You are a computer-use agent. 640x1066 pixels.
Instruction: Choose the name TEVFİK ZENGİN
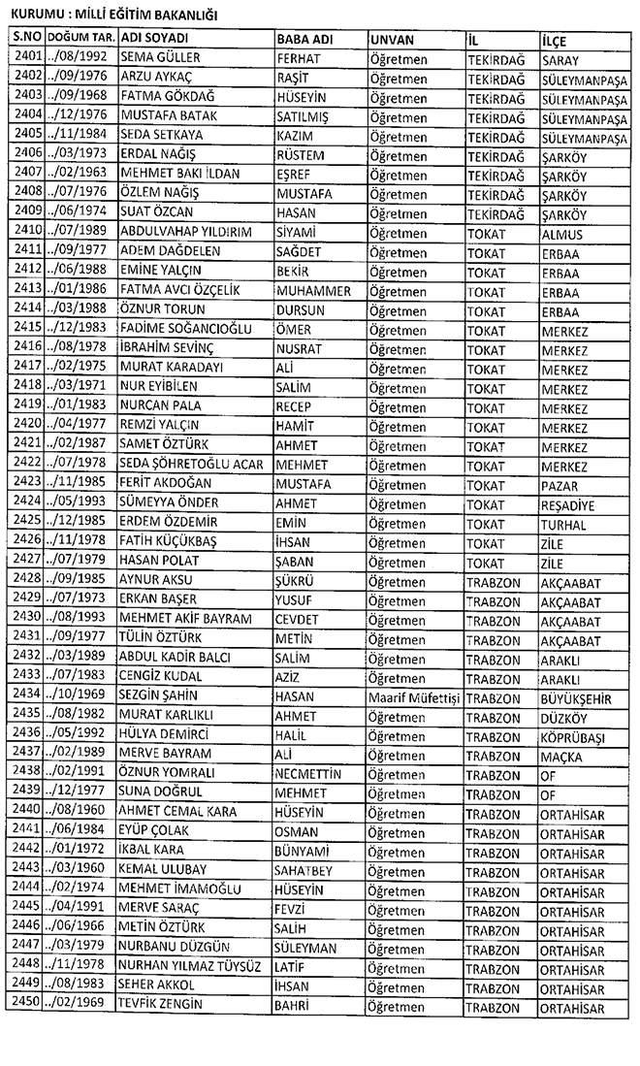pyautogui.click(x=161, y=1003)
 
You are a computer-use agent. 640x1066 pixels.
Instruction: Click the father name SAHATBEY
pyautogui.click(x=304, y=868)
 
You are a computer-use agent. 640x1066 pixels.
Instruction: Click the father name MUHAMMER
pyautogui.click(x=313, y=290)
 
